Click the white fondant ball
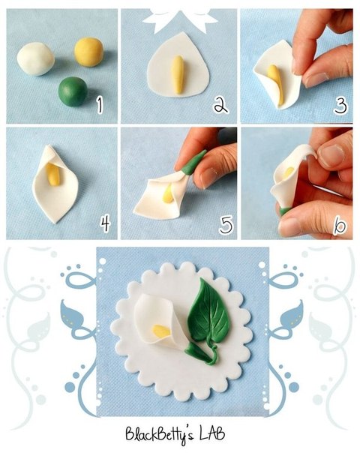35,59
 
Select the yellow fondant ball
88,52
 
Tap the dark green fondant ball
73,91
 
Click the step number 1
100,104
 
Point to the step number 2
221,104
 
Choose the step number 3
340,105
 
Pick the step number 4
105,223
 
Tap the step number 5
226,225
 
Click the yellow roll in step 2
178,74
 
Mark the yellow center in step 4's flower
53,174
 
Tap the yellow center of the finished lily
161,331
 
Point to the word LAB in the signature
212,434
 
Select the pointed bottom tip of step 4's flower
55,222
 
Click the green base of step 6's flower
284,211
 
